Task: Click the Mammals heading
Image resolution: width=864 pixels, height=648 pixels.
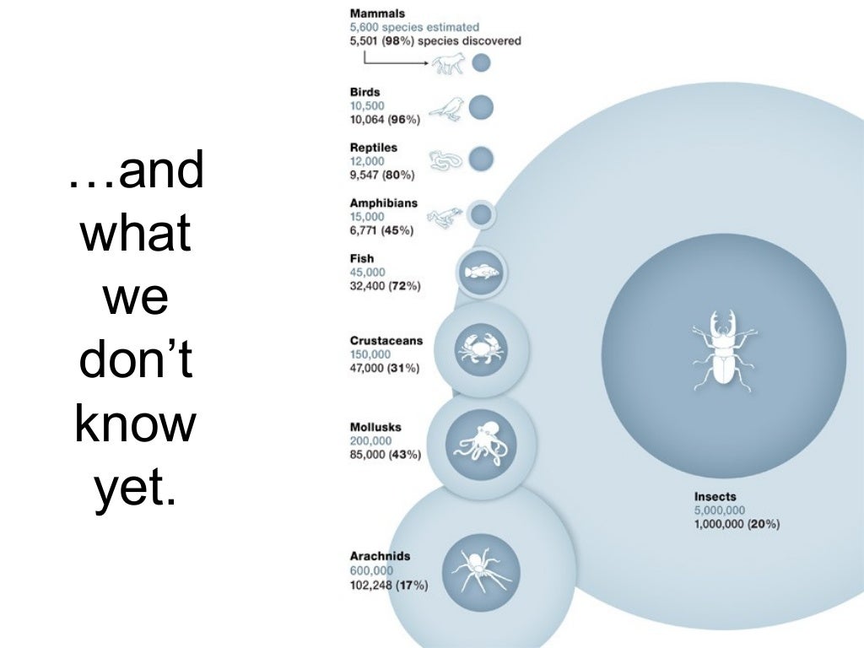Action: coord(377,13)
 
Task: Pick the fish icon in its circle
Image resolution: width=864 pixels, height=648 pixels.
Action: coord(482,272)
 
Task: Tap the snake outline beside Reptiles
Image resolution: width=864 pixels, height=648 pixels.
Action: coord(446,159)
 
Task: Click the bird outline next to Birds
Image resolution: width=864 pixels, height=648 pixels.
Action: coord(447,109)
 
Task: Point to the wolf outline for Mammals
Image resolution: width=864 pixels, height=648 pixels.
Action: coord(448,64)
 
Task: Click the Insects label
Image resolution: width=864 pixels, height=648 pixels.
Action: coord(715,497)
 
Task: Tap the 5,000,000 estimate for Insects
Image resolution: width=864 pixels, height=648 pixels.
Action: coord(719,510)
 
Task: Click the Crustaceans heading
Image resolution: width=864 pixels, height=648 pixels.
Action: coord(386,341)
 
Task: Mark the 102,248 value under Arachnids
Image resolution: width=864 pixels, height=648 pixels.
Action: coord(370,585)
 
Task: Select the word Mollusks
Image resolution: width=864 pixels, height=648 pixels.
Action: coord(375,427)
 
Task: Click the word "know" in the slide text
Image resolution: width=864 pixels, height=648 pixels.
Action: coord(135,425)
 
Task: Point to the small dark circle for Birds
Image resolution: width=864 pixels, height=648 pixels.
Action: coord(481,107)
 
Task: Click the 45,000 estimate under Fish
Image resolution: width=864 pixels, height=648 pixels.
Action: coord(367,273)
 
